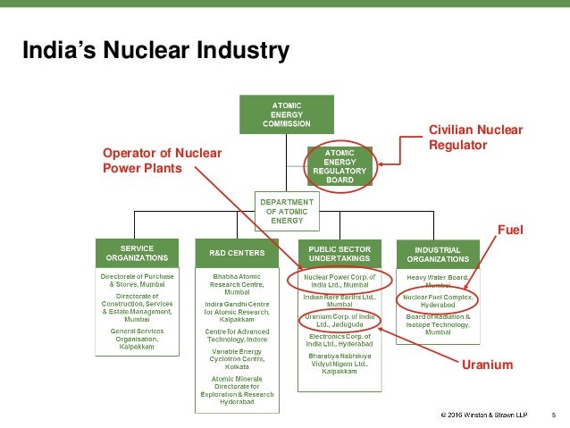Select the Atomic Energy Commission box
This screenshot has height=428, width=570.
click(280, 115)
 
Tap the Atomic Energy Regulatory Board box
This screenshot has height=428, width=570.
click(339, 165)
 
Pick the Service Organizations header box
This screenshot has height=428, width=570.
click(137, 252)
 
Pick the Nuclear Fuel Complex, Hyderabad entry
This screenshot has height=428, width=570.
click(438, 301)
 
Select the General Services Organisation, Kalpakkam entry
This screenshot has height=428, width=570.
click(137, 339)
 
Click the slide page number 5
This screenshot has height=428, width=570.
click(553, 415)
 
